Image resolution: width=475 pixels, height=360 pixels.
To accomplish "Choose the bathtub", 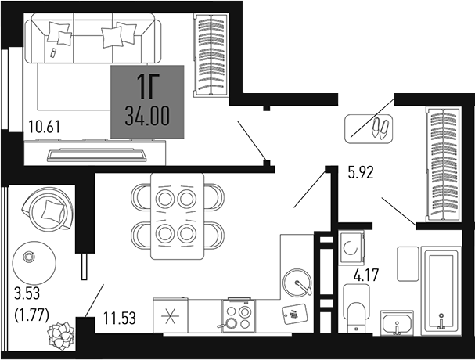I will point(442,289).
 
